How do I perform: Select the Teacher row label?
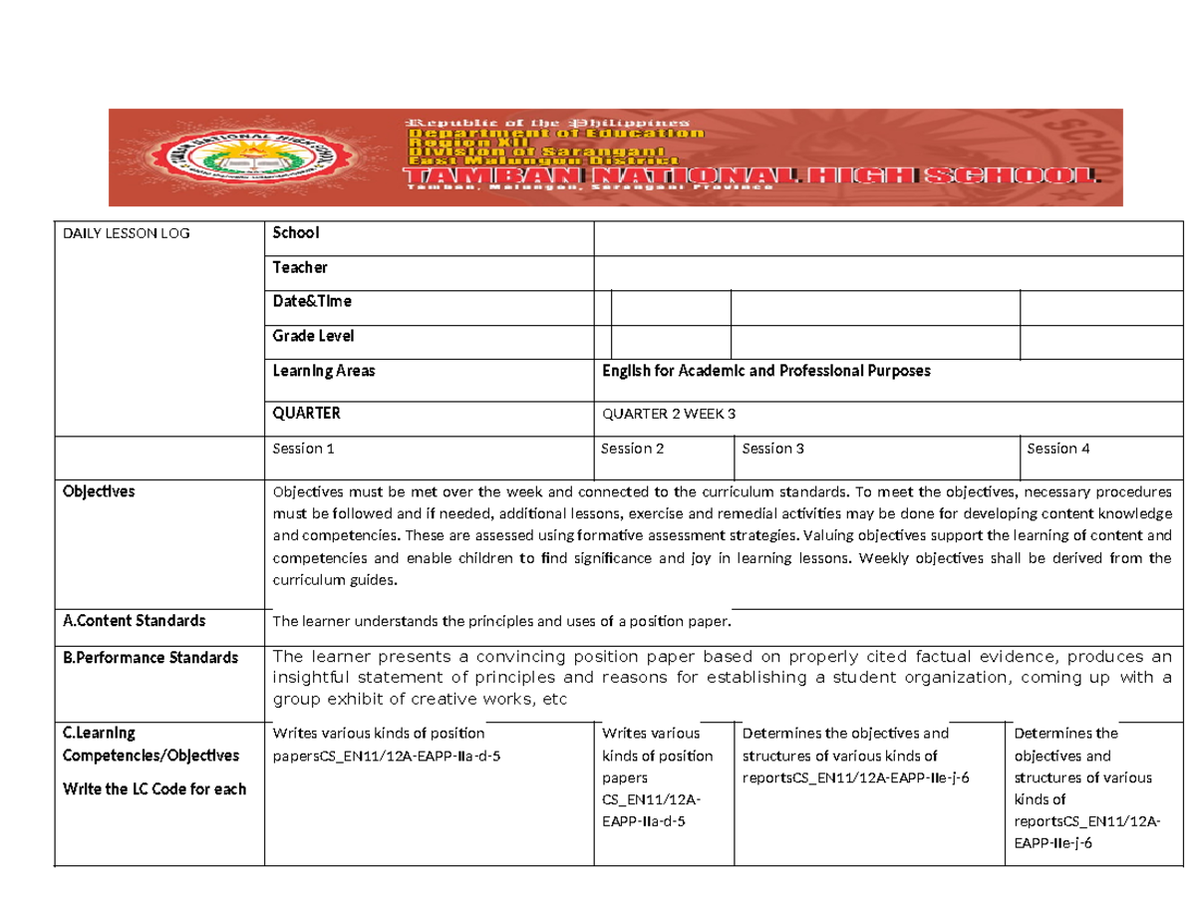[x=300, y=267]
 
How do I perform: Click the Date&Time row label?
[x=312, y=301]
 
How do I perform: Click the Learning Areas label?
[x=324, y=370]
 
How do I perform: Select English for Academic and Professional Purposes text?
[x=766, y=370]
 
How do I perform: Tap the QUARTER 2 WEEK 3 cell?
[x=676, y=414]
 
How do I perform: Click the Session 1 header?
[x=304, y=449]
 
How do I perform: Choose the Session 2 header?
[x=633, y=449]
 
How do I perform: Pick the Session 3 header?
[x=773, y=449]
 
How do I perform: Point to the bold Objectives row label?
[x=99, y=491]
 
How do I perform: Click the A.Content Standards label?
[x=135, y=621]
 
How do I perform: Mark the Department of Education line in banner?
[x=554, y=132]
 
